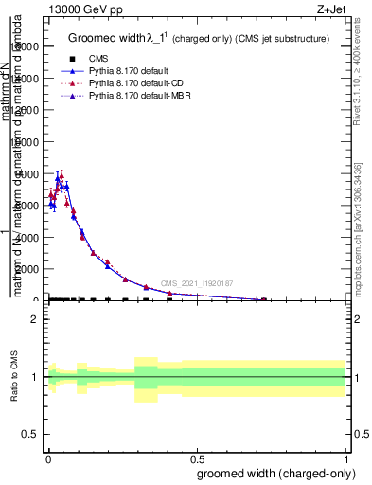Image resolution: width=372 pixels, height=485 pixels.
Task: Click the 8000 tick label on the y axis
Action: point(29,173)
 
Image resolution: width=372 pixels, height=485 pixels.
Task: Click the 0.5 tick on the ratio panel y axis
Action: point(32,436)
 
